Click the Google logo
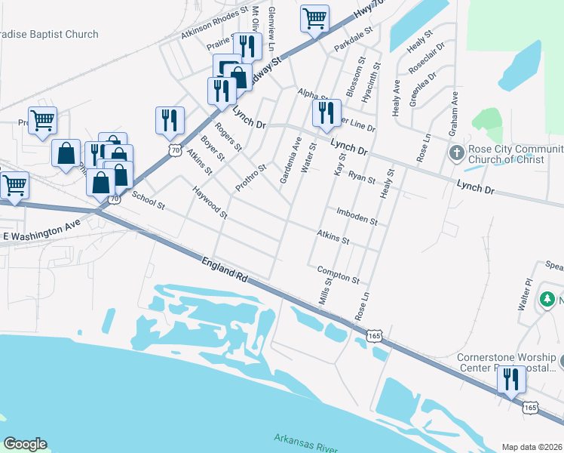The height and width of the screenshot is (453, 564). (25, 444)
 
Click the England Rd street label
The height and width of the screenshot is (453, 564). (225, 269)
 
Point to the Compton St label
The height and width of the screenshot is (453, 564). (339, 274)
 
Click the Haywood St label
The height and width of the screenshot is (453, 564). (210, 203)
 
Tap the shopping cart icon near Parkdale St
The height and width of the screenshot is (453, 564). (314, 18)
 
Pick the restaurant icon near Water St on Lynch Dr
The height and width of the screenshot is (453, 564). (326, 112)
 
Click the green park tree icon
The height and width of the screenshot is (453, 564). (548, 300)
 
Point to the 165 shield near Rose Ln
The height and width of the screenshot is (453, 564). (375, 334)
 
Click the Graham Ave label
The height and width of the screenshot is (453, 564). (454, 113)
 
